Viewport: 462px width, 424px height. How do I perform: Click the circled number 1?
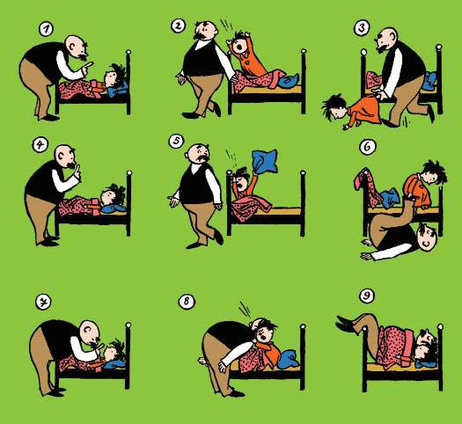[47, 29]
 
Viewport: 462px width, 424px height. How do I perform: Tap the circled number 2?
[179, 26]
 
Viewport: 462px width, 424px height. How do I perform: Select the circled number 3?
[362, 28]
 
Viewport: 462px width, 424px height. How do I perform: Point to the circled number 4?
[40, 145]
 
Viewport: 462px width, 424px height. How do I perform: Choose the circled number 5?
[176, 141]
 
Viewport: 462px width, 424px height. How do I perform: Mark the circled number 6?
[368, 146]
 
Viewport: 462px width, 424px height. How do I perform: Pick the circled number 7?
[43, 302]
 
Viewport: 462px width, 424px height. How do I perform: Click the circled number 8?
[187, 301]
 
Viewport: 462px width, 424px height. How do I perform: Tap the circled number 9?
[367, 296]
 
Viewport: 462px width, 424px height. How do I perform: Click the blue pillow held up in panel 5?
[265, 161]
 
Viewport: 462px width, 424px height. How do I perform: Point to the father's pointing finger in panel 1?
[88, 66]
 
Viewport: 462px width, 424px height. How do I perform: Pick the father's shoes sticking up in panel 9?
[347, 324]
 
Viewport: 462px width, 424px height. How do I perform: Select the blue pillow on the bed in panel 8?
[290, 359]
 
